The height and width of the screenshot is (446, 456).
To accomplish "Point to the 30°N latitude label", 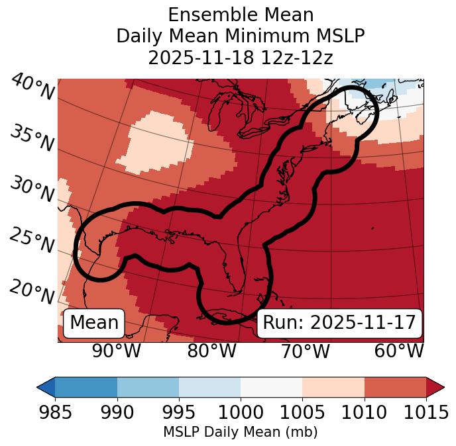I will point(32,190).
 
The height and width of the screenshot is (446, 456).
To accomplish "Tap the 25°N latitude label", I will point(32,241).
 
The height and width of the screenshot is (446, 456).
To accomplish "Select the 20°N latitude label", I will point(32,291).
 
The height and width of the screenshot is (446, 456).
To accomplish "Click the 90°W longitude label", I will point(116,351).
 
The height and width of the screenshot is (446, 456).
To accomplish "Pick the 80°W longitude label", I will point(211,351).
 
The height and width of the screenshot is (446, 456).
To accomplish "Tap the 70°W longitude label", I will point(305,351).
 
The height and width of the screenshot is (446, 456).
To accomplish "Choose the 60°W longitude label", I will point(398,351).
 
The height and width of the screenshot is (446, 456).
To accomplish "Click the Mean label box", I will point(94,323).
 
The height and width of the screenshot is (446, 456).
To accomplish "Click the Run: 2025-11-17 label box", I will point(339,323).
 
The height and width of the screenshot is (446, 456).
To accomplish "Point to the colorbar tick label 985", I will point(55,413).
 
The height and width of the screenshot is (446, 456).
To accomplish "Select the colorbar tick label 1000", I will point(241,413).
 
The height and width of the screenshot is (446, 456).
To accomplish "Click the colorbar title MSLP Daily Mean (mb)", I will point(241,432).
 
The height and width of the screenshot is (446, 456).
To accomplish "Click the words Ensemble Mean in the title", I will point(241,15).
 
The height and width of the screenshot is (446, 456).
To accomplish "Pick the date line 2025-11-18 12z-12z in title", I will point(241,58).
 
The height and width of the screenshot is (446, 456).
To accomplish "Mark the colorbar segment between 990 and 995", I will point(148,386).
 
